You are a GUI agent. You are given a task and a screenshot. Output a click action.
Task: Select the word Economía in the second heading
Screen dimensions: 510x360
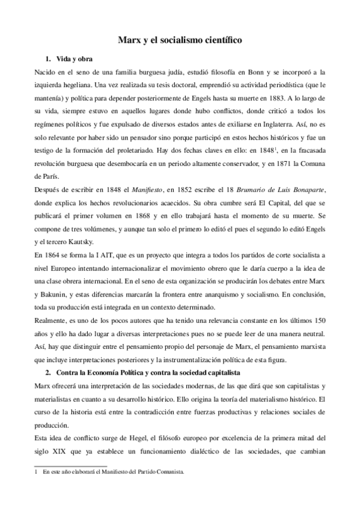[101, 373]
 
